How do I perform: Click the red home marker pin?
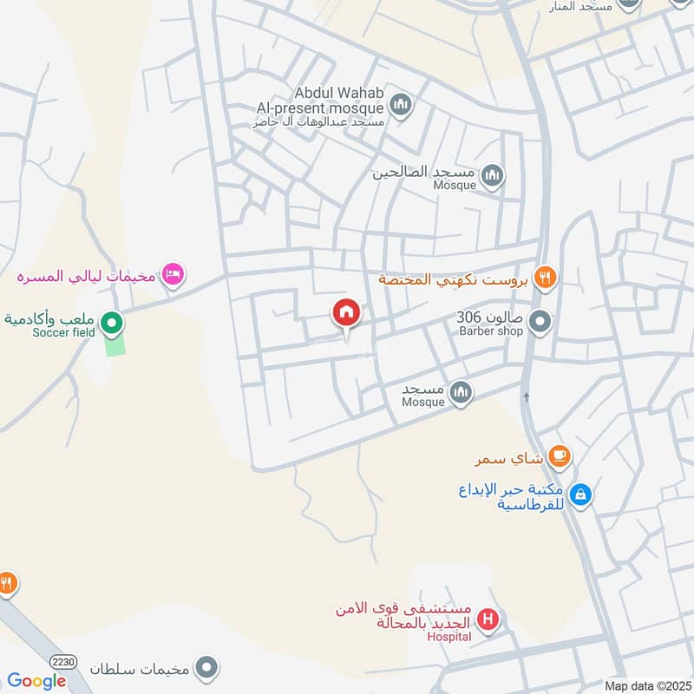click(346, 313)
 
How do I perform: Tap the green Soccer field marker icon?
click(112, 324)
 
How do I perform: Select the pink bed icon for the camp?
click(173, 275)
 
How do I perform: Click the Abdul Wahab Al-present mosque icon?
click(400, 106)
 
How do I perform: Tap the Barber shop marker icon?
click(540, 323)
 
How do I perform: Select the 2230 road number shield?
click(63, 662)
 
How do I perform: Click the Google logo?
click(36, 681)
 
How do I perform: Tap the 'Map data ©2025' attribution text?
click(646, 686)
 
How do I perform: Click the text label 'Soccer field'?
click(63, 332)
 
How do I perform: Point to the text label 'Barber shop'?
click(491, 331)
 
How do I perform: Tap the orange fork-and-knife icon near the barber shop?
click(545, 278)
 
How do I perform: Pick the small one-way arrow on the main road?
click(527, 397)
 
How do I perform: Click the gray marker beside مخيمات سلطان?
click(206, 668)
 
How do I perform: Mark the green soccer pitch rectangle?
click(115, 343)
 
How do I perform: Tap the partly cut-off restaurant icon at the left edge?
click(5, 582)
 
